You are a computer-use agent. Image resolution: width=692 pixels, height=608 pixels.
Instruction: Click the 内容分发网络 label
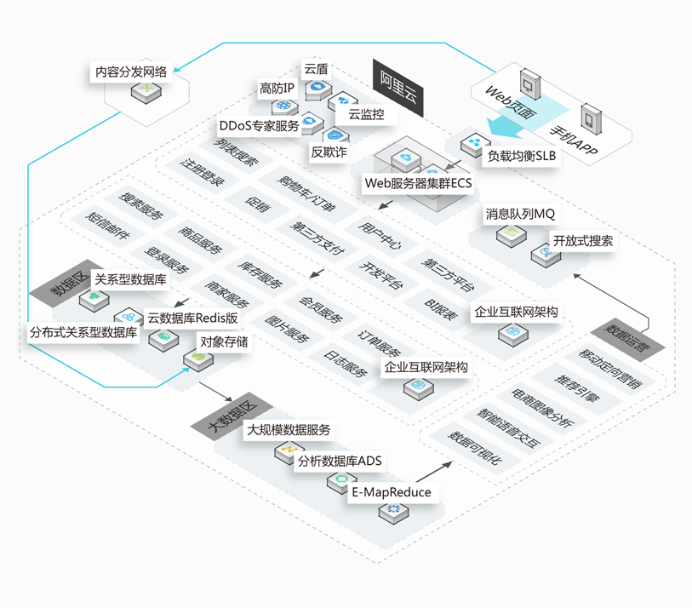tap(131, 72)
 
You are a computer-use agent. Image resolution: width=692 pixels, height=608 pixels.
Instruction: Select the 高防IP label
tap(277, 88)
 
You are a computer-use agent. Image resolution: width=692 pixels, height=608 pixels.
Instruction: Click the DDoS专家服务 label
tap(259, 126)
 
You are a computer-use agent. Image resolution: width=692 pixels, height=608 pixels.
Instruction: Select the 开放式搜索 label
tap(582, 241)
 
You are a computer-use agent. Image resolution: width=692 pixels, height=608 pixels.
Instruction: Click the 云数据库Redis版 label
tap(192, 318)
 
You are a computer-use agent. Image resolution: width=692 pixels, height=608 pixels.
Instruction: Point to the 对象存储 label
tap(224, 342)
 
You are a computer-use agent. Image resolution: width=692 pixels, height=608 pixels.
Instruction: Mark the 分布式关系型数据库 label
tap(83, 332)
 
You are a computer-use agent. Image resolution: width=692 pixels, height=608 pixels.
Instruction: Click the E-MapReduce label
tap(392, 492)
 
